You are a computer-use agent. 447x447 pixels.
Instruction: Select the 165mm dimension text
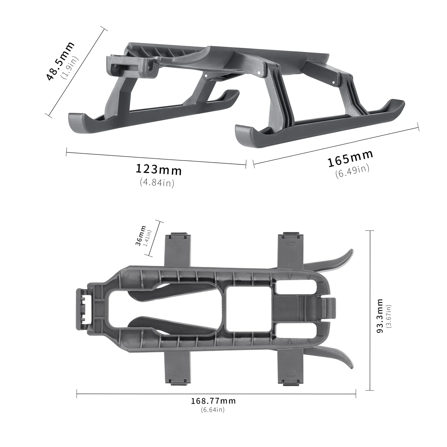[x=351, y=158]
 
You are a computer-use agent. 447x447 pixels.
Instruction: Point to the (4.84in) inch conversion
[x=157, y=183]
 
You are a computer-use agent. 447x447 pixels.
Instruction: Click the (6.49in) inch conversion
[x=352, y=171]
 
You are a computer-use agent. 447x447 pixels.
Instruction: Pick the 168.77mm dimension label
[x=213, y=408]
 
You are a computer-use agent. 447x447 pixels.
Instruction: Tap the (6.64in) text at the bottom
[x=212, y=417]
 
